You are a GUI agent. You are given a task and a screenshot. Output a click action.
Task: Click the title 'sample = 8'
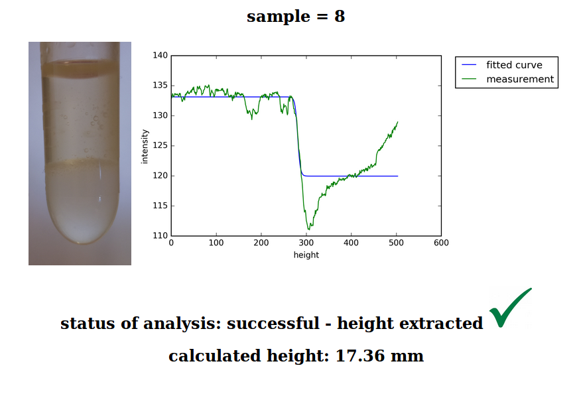296,17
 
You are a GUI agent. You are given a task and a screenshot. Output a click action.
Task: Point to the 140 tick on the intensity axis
160,56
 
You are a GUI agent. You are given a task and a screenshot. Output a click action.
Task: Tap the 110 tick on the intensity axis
160,236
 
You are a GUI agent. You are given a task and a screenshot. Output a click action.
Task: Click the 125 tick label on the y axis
160,146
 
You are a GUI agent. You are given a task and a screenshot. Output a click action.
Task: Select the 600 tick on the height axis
441,243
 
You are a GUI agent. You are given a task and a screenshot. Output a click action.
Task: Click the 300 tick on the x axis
306,243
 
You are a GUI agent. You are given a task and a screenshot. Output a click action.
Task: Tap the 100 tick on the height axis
216,243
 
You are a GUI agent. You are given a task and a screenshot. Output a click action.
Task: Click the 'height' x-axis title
306,255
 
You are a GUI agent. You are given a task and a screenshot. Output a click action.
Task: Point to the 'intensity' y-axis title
145,146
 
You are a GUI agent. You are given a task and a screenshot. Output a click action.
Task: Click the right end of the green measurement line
397,122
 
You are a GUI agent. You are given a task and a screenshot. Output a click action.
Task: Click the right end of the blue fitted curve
397,176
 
